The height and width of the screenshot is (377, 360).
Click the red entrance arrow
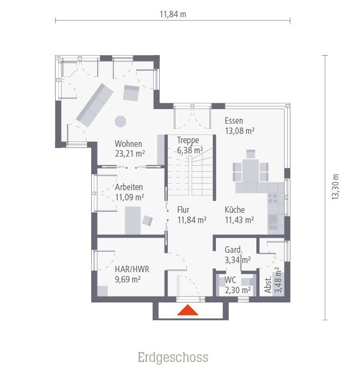188,311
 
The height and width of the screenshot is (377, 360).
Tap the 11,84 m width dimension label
172,14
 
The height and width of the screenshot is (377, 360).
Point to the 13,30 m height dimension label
335,187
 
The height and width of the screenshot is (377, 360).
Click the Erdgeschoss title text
172,358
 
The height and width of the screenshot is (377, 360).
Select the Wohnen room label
128,144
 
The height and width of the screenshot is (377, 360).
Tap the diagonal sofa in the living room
94,105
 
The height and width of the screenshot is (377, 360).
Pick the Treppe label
188,140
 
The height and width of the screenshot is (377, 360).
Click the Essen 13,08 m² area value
240,131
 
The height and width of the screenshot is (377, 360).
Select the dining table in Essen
250,169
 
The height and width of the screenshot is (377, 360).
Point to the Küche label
235,210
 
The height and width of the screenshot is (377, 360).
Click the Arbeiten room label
129,187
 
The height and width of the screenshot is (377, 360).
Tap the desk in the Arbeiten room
133,220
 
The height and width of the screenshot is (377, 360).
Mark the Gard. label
233,250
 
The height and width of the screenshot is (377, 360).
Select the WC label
230,280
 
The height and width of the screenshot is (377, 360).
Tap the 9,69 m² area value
128,279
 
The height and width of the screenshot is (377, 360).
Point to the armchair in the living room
131,93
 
